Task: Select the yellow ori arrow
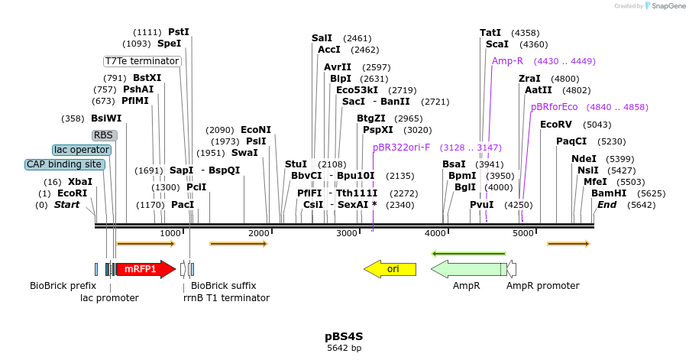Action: (390, 269)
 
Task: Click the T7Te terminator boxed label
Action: (142, 61)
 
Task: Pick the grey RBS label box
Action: (105, 135)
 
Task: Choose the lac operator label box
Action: (82, 150)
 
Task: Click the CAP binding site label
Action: (64, 164)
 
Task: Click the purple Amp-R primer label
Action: (507, 61)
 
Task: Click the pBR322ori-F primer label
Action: (401, 148)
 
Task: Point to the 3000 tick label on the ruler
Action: (347, 233)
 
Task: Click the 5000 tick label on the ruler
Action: (523, 233)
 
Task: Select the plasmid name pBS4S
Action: (344, 336)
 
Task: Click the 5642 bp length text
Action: (344, 349)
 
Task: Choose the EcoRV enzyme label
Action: (555, 125)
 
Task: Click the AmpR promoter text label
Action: (543, 286)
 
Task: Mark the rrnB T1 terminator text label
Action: (226, 297)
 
